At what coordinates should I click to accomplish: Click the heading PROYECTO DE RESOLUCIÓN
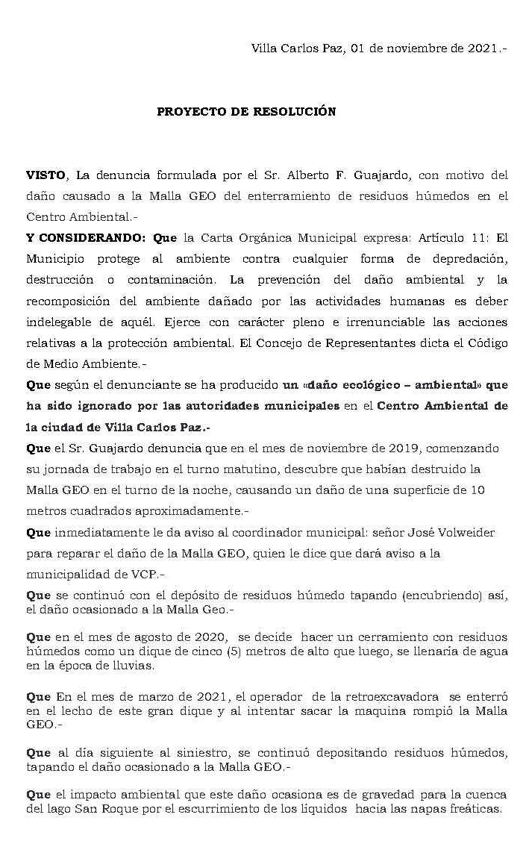pos(246,112)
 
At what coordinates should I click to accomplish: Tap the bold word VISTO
pos(46,176)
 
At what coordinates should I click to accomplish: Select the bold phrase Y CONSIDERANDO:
pos(87,239)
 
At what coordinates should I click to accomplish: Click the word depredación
pos(469,260)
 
